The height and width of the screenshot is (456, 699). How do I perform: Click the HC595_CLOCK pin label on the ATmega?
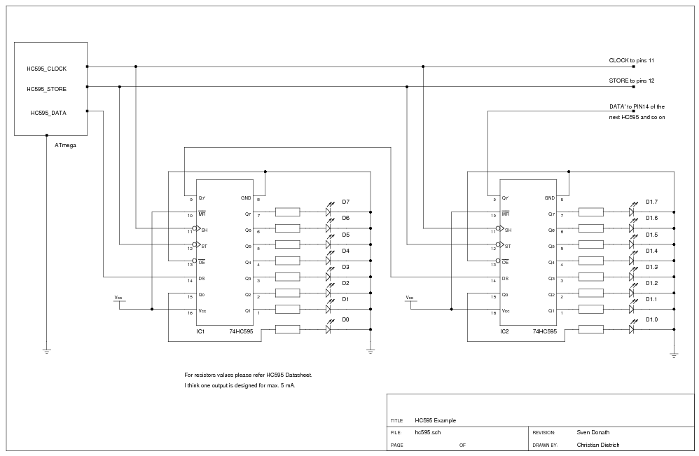pyautogui.click(x=46, y=69)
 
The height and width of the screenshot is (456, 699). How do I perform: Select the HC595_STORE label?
pyautogui.click(x=46, y=89)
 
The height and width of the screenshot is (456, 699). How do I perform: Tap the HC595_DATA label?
pyautogui.click(x=48, y=113)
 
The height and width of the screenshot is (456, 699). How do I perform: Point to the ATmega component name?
pyautogui.click(x=65, y=146)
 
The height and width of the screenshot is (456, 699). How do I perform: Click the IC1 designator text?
pyautogui.click(x=200, y=331)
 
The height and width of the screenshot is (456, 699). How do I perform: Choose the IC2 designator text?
pyautogui.click(x=504, y=331)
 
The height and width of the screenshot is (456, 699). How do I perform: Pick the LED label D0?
pyautogui.click(x=345, y=320)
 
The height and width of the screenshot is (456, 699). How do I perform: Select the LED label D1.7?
pyautogui.click(x=651, y=202)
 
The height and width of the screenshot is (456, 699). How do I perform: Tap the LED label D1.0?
pyautogui.click(x=651, y=320)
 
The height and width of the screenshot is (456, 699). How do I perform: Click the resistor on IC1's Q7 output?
pyautogui.click(x=287, y=212)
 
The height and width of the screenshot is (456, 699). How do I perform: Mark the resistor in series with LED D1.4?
pyautogui.click(x=590, y=261)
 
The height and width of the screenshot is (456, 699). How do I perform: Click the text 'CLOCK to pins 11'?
pyautogui.click(x=631, y=61)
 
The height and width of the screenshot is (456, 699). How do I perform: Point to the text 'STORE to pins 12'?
pyautogui.click(x=631, y=81)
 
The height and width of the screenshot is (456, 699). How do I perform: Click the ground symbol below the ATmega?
pyautogui.click(x=47, y=350)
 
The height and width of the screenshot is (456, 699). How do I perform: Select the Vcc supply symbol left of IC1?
pyautogui.click(x=119, y=299)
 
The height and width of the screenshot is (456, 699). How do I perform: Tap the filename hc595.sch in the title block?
pyautogui.click(x=428, y=433)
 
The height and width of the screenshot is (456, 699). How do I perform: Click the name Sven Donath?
pyautogui.click(x=594, y=433)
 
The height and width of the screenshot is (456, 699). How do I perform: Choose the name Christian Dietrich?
pyautogui.click(x=598, y=445)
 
